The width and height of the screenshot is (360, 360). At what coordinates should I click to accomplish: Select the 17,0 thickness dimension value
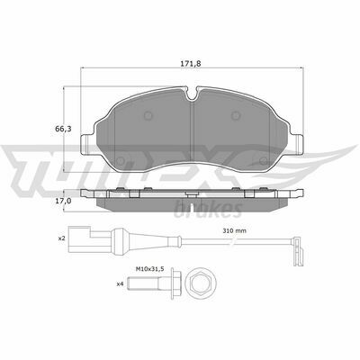63,202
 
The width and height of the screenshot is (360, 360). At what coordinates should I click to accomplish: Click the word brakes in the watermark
219,210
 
